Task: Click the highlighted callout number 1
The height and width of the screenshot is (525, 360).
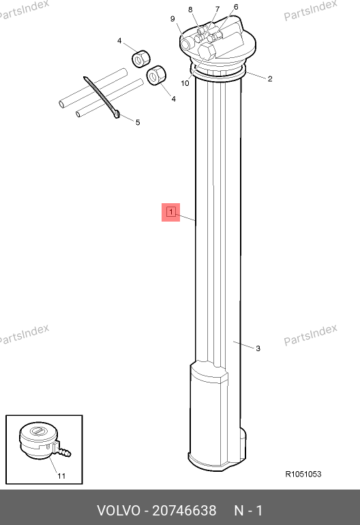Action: pyautogui.click(x=170, y=212)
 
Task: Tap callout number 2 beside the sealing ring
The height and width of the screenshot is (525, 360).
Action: pyautogui.click(x=270, y=78)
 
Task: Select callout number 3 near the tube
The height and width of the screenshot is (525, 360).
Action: pyautogui.click(x=258, y=348)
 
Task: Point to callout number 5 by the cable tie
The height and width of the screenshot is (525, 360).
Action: pyautogui.click(x=138, y=123)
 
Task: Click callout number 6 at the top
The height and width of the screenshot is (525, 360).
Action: pyautogui.click(x=236, y=7)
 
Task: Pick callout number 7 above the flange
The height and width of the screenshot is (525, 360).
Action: pyautogui.click(x=217, y=9)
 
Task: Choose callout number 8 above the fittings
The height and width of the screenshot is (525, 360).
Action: pyautogui.click(x=190, y=10)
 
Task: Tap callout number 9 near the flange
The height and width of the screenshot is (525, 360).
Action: pyautogui.click(x=172, y=19)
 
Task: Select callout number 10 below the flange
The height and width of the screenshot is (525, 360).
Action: pyautogui.click(x=185, y=83)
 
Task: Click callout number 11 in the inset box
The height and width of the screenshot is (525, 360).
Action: pyautogui.click(x=61, y=476)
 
